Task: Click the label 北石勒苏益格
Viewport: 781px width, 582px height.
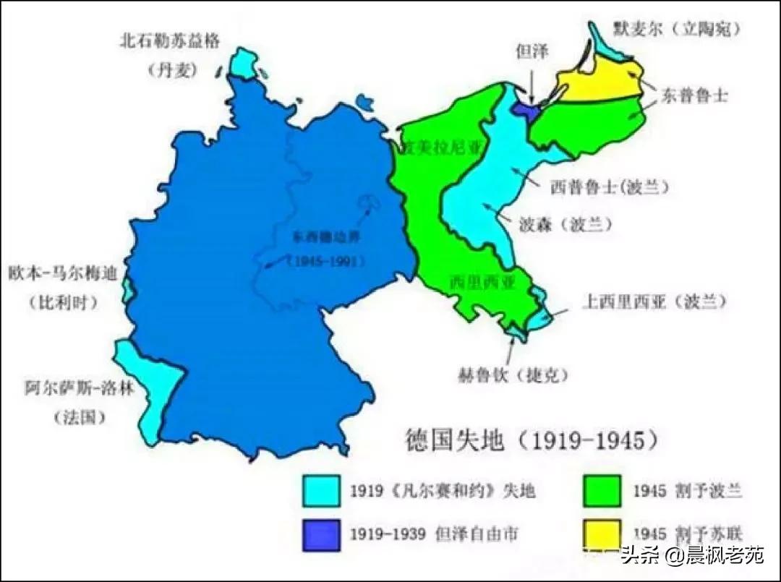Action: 169,40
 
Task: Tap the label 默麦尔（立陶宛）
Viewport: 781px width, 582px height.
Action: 678,28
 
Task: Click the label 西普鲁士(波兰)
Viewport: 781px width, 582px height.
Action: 609,187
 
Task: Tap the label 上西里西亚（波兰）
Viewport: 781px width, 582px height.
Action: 653,302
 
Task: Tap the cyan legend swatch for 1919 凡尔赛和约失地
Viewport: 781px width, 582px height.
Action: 320,491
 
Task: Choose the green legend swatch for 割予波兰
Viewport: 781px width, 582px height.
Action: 599,491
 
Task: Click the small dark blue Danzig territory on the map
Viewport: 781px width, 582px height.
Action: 524,108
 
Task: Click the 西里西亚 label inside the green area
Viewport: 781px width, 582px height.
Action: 482,282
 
